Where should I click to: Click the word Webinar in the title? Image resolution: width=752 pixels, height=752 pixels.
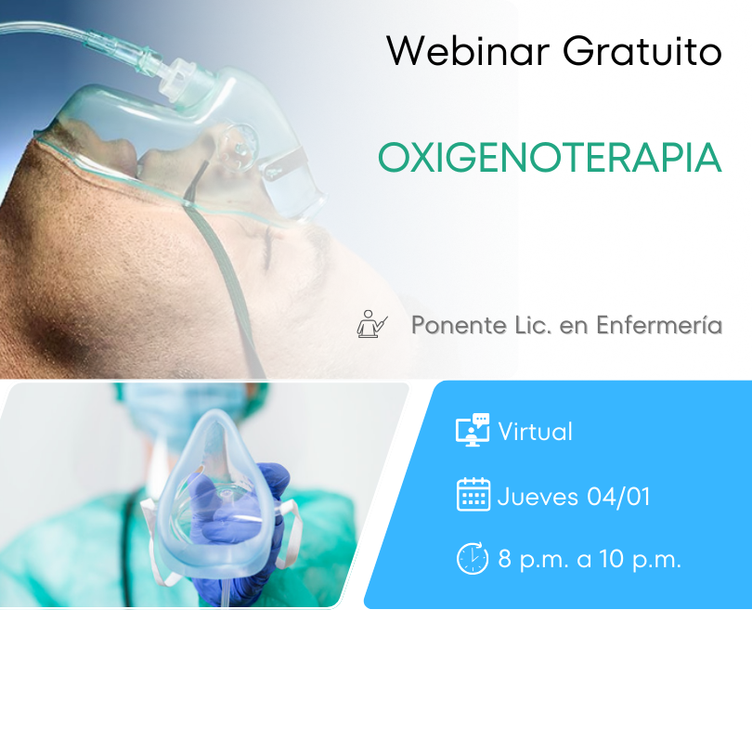[468, 51]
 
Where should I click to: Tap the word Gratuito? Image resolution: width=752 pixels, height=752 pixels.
[642, 51]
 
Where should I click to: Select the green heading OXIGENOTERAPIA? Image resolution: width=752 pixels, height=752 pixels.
[550, 157]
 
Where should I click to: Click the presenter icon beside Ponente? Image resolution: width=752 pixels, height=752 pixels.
[372, 324]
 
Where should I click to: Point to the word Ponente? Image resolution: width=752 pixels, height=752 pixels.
[459, 325]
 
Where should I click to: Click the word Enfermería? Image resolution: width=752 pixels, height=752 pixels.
[659, 325]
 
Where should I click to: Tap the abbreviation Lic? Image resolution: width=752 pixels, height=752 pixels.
[533, 325]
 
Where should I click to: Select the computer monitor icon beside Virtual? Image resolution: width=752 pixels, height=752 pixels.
[473, 430]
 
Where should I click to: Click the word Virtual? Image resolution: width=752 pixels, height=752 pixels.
[536, 431]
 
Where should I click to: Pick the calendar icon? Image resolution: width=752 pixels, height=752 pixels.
[473, 495]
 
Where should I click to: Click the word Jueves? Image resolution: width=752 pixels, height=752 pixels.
[538, 497]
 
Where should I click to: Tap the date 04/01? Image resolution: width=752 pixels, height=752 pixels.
[618, 497]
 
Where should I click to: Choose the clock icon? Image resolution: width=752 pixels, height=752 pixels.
[473, 558]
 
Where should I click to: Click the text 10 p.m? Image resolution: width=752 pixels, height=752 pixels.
[640, 559]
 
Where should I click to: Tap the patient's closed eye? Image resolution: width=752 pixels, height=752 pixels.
[268, 245]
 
